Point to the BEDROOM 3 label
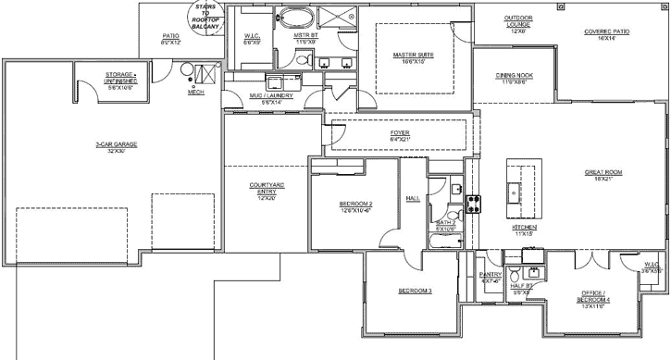tap(416, 292)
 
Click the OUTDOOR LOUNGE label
tap(518, 24)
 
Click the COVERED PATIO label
tap(607, 34)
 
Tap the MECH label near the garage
tap(195, 93)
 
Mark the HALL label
tap(414, 198)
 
